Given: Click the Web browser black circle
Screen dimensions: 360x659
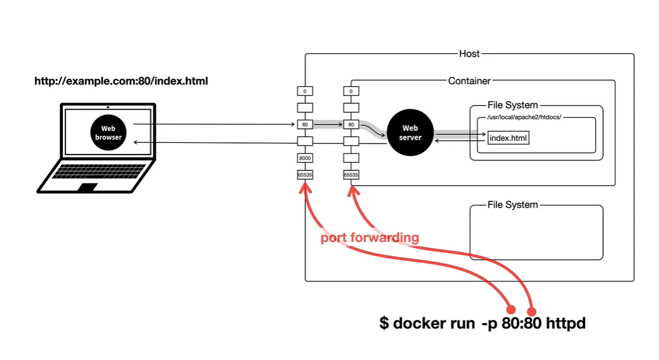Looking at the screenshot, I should pyautogui.click(x=108, y=133).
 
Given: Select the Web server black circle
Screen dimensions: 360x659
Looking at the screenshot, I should pyautogui.click(x=410, y=133).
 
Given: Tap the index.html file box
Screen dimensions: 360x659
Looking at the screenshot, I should pyautogui.click(x=509, y=138).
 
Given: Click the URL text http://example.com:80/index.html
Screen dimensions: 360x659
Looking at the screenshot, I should pyautogui.click(x=121, y=81).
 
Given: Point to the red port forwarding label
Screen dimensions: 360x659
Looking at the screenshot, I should pyautogui.click(x=370, y=238).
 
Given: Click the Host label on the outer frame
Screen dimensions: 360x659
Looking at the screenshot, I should pyautogui.click(x=469, y=54).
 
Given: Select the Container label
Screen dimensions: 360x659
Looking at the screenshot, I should pyautogui.click(x=469, y=81).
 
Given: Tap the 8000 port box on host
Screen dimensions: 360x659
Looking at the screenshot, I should pyautogui.click(x=305, y=158).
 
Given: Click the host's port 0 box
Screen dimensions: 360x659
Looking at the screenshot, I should pyautogui.click(x=305, y=91).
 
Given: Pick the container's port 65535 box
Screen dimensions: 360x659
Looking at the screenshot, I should pyautogui.click(x=351, y=174).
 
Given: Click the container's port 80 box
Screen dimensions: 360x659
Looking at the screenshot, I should pyautogui.click(x=351, y=124).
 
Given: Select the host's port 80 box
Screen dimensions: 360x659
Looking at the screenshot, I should pyautogui.click(x=305, y=124).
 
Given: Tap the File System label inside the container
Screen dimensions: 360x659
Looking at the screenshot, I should pyautogui.click(x=513, y=106).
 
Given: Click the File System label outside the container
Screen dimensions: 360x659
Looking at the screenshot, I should pyautogui.click(x=513, y=205).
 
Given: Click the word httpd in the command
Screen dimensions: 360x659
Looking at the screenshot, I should pyautogui.click(x=566, y=323).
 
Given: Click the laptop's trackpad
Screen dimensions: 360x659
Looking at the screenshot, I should pyautogui.click(x=89, y=187).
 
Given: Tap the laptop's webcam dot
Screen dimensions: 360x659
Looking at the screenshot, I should pyautogui.click(x=108, y=107).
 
